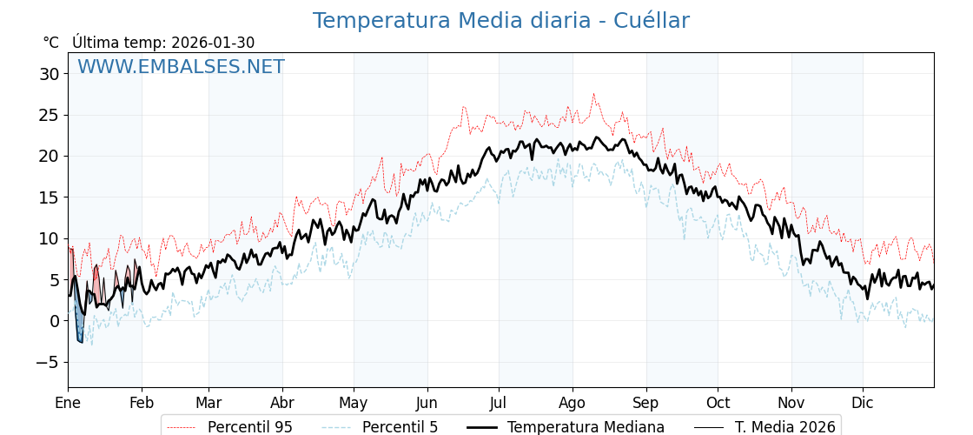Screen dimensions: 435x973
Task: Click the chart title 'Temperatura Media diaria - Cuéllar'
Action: pos(500,21)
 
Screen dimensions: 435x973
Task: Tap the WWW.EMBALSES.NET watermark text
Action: pos(181,67)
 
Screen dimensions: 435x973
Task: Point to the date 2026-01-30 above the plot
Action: pos(213,43)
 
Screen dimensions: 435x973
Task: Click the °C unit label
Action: pos(50,43)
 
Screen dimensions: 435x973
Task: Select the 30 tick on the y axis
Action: pos(49,74)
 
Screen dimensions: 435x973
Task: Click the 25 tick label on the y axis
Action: pos(49,115)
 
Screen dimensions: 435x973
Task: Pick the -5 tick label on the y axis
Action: pos(49,362)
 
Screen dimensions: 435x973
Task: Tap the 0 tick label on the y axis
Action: pos(54,321)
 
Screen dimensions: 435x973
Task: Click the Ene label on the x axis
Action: pos(68,404)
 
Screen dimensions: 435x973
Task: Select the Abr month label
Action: pos(282,404)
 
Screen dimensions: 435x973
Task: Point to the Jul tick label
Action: pos(499,404)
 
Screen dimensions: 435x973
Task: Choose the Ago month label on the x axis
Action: pos(573,404)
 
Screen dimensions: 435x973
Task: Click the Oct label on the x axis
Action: pos(718,404)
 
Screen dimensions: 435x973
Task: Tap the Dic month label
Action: pos(863,404)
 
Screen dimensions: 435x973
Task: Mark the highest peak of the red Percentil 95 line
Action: pos(594,94)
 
